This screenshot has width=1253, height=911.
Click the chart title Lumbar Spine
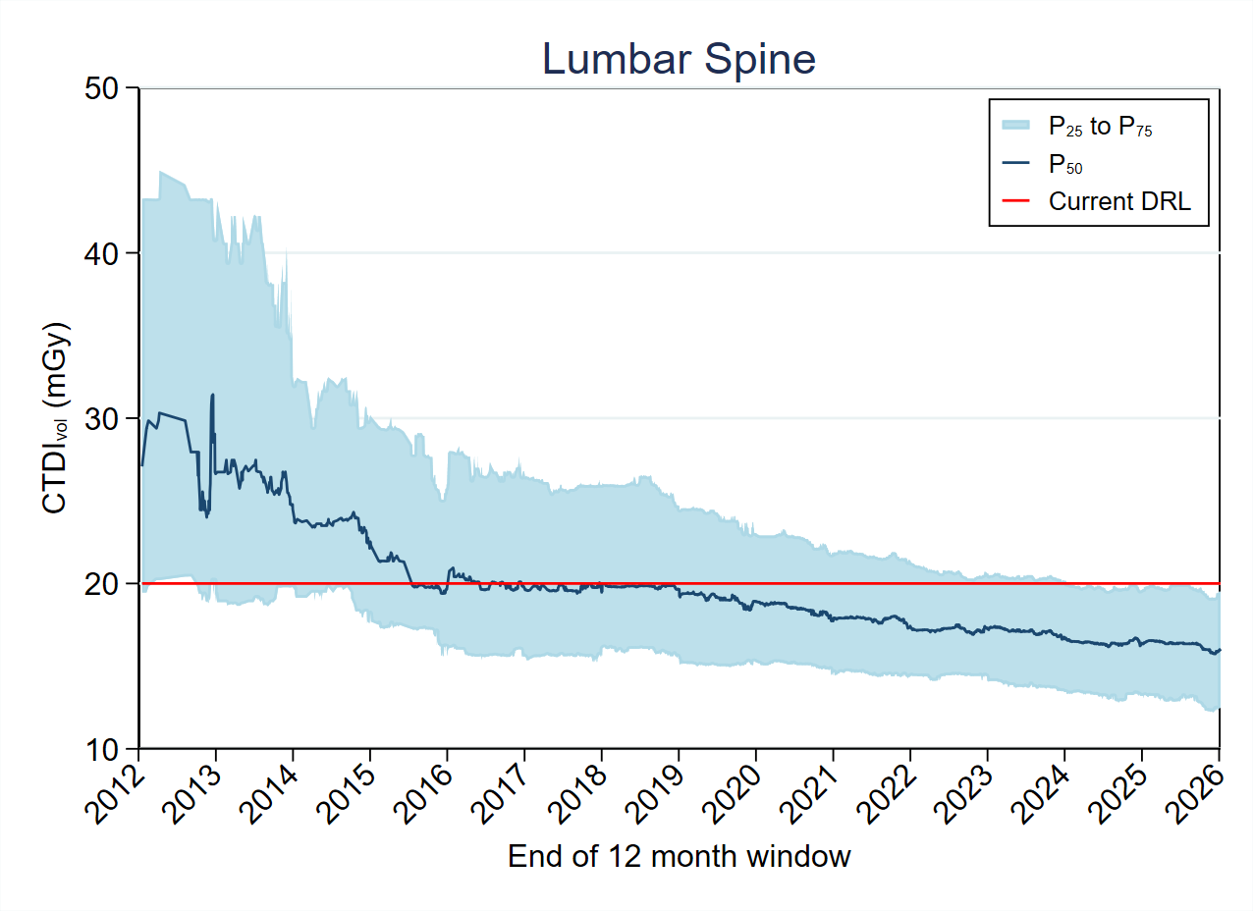pyautogui.click(x=679, y=60)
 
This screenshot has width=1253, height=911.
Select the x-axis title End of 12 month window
pyautogui.click(x=679, y=856)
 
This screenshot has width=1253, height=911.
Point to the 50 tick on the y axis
pyautogui.click(x=107, y=88)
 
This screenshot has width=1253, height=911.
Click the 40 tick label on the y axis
pyautogui.click(x=107, y=253)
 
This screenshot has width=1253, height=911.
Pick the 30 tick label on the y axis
pyautogui.click(x=107, y=418)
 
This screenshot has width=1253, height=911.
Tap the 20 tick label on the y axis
pyautogui.click(x=107, y=583)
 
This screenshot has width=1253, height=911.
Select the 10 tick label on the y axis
pyautogui.click(x=107, y=748)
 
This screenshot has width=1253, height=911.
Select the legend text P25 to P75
pyautogui.click(x=1099, y=126)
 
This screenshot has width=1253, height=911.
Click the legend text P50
pyautogui.click(x=1065, y=164)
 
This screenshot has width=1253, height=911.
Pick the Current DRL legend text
pyautogui.click(x=1118, y=201)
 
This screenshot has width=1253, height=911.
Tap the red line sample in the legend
pyautogui.click(x=1015, y=201)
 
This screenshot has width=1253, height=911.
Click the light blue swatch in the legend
pyautogui.click(x=1015, y=125)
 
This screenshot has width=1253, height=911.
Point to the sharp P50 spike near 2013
pyautogui.click(x=212, y=396)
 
